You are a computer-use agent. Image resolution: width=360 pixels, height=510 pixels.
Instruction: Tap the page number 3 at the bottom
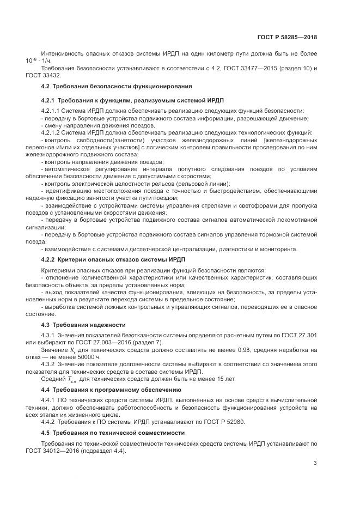pos(315,463)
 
